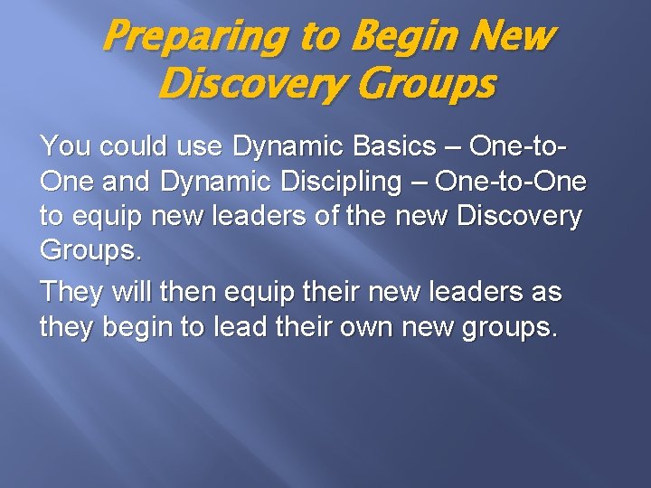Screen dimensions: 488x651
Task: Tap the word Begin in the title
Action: click(x=400, y=38)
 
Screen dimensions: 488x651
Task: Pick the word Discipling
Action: click(x=344, y=182)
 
